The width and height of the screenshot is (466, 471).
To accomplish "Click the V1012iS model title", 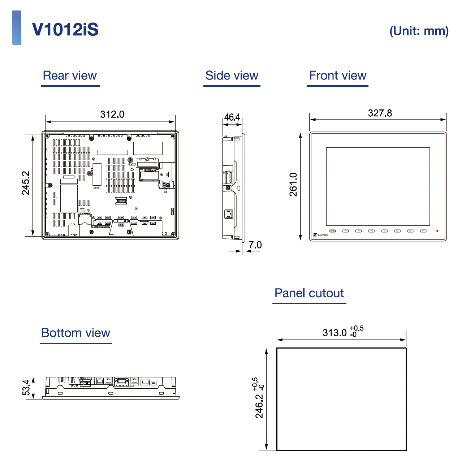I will [65, 29].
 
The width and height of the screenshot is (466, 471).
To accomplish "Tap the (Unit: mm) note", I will [419, 31].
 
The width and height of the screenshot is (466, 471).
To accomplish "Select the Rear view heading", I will [70, 75].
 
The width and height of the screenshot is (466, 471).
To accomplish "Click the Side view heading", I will [232, 75].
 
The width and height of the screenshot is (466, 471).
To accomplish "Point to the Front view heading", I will [337, 75].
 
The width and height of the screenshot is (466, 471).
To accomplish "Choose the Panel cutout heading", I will [309, 293].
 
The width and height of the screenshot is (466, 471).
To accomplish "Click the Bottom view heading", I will [75, 333].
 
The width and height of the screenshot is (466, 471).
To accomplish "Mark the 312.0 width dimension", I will [112, 114].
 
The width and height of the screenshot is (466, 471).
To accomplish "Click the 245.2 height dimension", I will [26, 183].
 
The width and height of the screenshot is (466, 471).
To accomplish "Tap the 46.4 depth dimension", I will [232, 117].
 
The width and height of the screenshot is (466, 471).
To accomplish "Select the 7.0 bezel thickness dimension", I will [255, 245].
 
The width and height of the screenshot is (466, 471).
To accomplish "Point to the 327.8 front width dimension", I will [380, 113].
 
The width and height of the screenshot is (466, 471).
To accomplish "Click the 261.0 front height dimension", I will [293, 184].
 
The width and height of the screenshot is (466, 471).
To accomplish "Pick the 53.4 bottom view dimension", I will [26, 388].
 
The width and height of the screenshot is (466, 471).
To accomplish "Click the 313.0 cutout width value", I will [335, 332].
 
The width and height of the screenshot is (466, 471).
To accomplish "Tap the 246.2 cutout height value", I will [259, 406].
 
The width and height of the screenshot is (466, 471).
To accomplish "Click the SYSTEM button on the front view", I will [333, 231].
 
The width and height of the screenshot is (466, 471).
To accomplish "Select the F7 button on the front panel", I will [423, 231].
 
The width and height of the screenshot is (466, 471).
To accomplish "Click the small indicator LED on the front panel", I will [437, 231].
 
